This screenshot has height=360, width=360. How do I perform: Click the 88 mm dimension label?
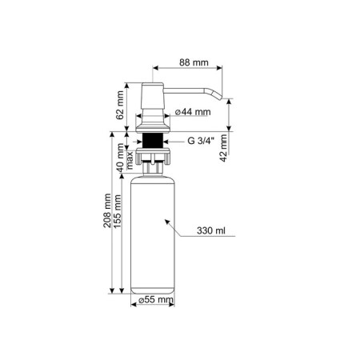(194, 62)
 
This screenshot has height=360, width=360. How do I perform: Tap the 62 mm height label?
(120, 105)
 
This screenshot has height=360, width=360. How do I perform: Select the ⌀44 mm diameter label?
(193, 112)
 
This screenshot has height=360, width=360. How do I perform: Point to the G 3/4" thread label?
(201, 141)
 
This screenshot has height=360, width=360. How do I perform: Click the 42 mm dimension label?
(223, 148)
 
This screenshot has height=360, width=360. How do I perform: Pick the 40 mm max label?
(125, 158)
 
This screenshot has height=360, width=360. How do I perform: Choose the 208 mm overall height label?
(107, 210)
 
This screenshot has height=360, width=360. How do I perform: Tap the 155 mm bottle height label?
(118, 211)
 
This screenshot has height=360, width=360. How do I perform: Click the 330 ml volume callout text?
(211, 230)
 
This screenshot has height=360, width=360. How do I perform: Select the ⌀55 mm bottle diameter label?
(156, 300)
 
